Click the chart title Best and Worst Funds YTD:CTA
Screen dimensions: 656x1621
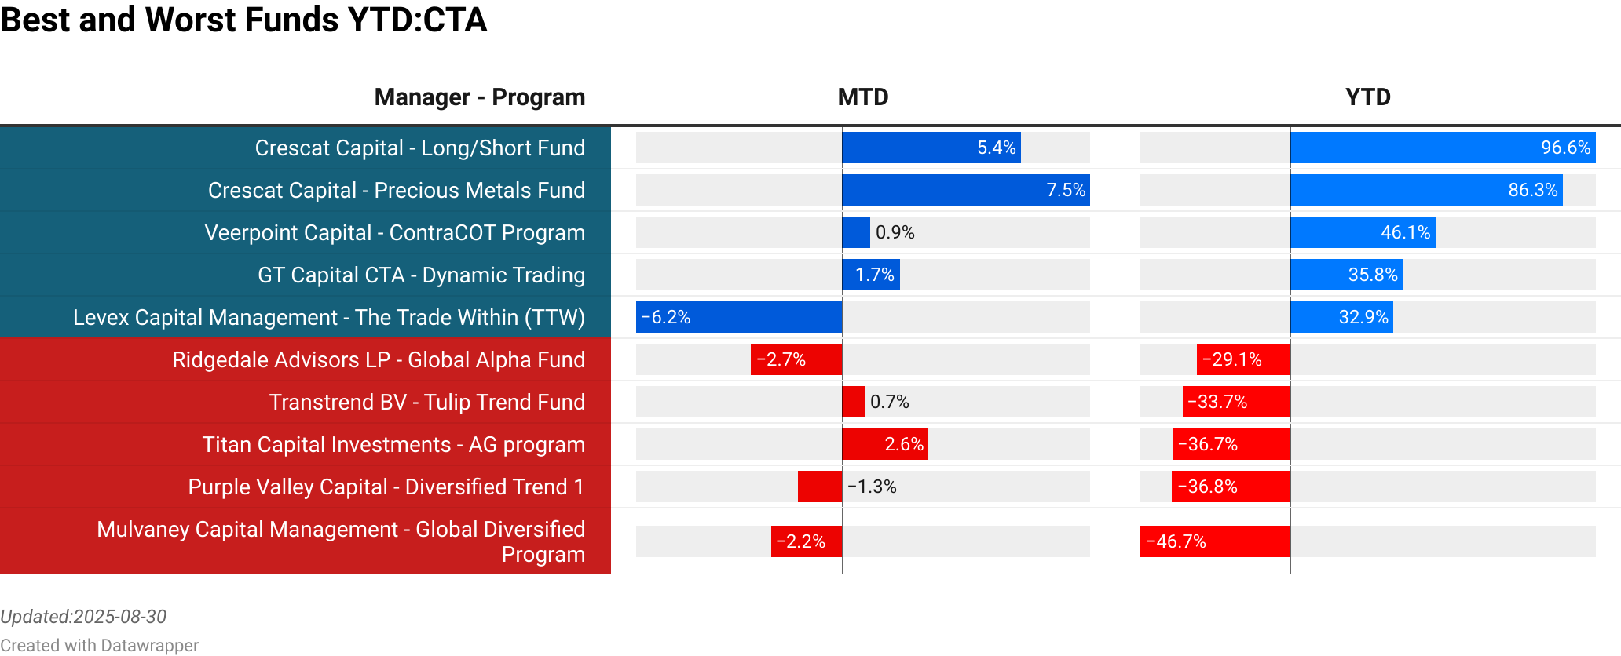(243, 20)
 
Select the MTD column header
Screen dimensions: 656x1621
(862, 97)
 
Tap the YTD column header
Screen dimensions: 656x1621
(1367, 97)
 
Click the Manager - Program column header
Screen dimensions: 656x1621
(479, 97)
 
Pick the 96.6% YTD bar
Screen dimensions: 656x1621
(1442, 148)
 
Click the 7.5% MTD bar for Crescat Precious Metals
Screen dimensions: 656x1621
(965, 190)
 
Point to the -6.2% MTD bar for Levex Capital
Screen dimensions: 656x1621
(738, 317)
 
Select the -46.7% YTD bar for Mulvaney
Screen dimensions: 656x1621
(1214, 541)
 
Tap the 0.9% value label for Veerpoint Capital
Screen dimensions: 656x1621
(895, 232)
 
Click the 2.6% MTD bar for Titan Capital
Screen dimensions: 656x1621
(884, 444)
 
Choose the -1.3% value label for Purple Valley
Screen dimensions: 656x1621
(872, 487)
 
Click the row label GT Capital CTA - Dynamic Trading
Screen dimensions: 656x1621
(421, 275)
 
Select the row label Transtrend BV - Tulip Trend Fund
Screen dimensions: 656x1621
(426, 402)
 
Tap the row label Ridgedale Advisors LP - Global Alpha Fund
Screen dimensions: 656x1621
(379, 359)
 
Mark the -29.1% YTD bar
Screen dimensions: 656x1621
(1242, 359)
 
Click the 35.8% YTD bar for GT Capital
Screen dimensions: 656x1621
(1345, 275)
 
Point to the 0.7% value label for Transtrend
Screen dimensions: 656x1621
(889, 402)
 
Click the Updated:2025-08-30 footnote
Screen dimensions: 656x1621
(83, 617)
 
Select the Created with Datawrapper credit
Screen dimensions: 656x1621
(99, 645)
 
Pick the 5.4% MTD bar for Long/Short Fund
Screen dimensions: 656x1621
(931, 148)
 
